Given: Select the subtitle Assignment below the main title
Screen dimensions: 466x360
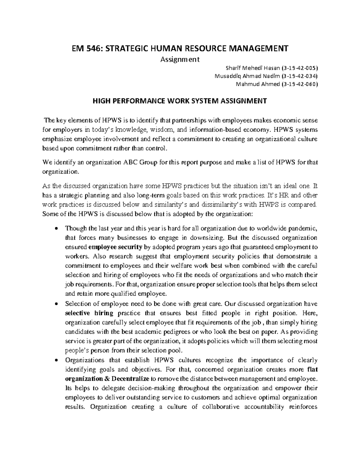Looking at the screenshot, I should (x=180, y=59).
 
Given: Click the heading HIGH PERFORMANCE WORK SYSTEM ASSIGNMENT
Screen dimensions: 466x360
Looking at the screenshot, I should (x=180, y=101).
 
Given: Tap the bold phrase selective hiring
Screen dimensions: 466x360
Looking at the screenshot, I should (x=89, y=313).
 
